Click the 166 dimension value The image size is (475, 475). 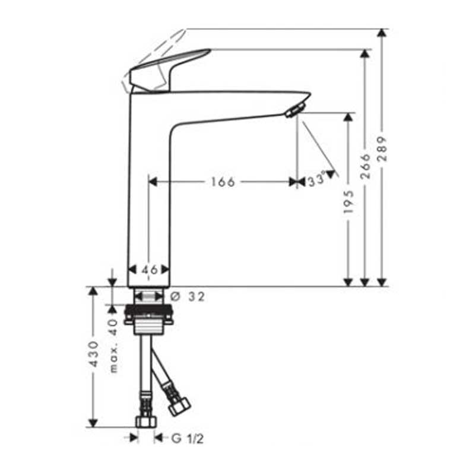click(x=223, y=182)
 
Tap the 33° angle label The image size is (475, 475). click(x=317, y=180)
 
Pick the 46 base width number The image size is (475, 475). click(x=150, y=270)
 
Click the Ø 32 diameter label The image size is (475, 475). click(x=188, y=297)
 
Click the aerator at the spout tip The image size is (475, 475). click(x=294, y=110)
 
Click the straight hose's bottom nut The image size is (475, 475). click(x=146, y=421)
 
